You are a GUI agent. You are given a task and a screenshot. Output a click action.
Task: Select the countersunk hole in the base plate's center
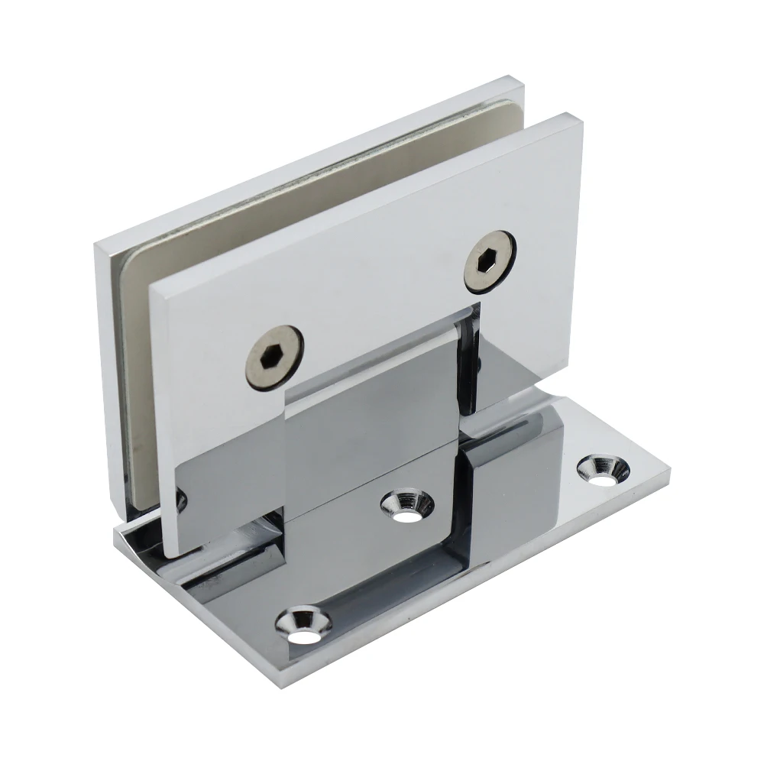(x=407, y=505)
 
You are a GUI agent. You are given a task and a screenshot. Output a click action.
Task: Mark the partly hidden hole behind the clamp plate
(x=180, y=501)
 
